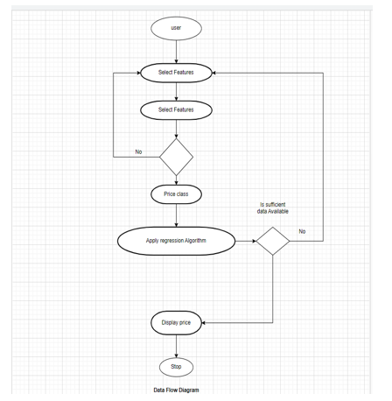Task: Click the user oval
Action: pos(176,28)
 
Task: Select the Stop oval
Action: pos(176,367)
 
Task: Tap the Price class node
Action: pos(176,194)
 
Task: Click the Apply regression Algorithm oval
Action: pos(176,241)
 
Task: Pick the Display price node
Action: pos(176,323)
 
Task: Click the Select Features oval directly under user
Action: pos(176,73)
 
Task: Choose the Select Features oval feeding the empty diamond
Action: pos(176,110)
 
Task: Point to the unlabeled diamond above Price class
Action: pos(176,157)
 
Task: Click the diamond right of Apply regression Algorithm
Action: pos(273,241)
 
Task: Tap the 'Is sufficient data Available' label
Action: pos(273,208)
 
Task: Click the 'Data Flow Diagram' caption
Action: pos(176,390)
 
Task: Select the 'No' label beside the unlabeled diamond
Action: pos(138,151)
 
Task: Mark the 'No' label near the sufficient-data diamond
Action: pos(302,231)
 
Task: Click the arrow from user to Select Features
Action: pos(176,52)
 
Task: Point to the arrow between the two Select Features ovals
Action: pos(176,92)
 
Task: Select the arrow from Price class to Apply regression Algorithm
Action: pos(176,215)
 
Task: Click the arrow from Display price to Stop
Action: pos(176,347)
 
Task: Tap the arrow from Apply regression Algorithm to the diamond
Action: pos(246,241)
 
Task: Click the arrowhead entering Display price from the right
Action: pos(204,323)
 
